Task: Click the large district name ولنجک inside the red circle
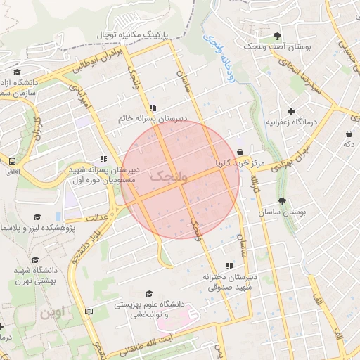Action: (x=169, y=176)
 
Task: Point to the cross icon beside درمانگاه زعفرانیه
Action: (x=292, y=111)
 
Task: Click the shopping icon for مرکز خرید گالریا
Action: (x=240, y=152)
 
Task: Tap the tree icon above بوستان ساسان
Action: (x=283, y=201)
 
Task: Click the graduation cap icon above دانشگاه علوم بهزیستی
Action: (x=148, y=293)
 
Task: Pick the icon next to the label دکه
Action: (x=349, y=134)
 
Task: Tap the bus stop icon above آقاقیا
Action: (x=12, y=160)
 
